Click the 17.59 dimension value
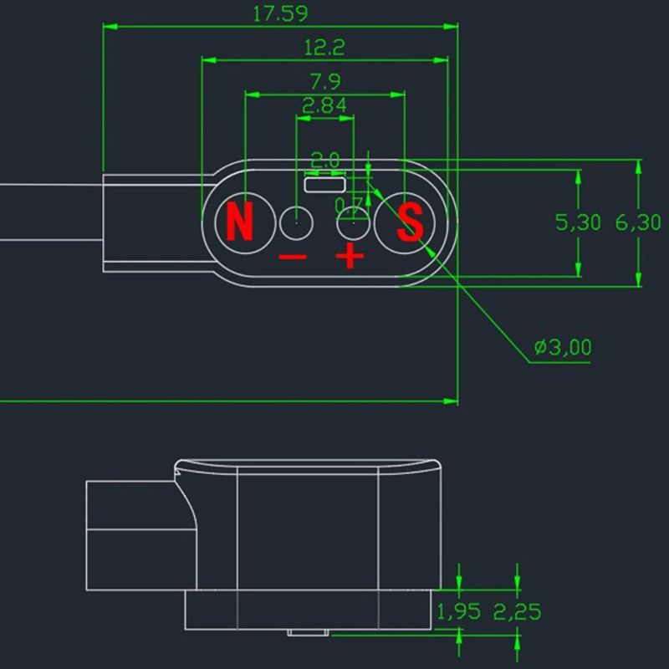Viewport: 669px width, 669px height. [280, 13]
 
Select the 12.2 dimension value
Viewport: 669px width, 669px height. [324, 48]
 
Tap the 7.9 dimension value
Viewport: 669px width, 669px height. [324, 82]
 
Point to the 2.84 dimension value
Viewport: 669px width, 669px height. [324, 106]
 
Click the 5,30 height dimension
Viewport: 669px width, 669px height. [578, 222]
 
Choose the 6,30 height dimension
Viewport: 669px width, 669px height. [638, 222]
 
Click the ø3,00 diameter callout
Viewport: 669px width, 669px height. [563, 347]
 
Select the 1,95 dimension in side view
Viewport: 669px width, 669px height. [458, 611]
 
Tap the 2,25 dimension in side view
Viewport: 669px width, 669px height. [518, 611]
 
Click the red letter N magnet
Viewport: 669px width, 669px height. [240, 222]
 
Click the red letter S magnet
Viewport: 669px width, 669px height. [410, 222]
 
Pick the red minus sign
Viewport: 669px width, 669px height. [293, 258]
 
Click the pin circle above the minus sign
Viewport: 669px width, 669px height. [296, 222]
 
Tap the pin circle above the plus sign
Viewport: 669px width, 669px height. [352, 222]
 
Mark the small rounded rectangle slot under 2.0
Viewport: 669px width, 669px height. [324, 184]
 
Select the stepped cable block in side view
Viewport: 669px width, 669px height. [134, 535]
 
